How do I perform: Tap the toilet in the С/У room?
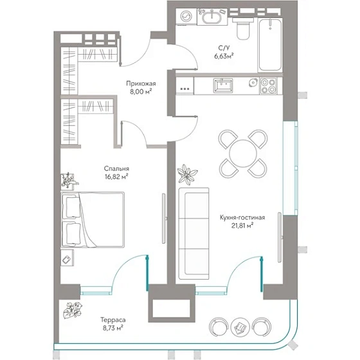click(x=243, y=29)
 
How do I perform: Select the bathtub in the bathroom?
click(x=270, y=45)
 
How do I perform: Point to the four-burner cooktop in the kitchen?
click(x=268, y=86)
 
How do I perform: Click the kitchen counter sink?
click(x=223, y=85)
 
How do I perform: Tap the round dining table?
click(x=243, y=153)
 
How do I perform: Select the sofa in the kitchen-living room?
click(x=194, y=233)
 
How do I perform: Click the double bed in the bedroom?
click(x=93, y=220)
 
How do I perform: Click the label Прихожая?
click(x=141, y=84)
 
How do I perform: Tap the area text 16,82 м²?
click(x=116, y=177)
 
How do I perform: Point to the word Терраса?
click(x=113, y=320)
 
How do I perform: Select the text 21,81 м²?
click(x=242, y=226)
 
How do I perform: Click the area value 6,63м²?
click(x=224, y=56)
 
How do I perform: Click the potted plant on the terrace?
click(x=73, y=310)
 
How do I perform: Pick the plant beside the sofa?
click(x=188, y=174)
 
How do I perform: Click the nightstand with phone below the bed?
click(x=67, y=258)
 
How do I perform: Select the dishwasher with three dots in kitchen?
click(x=185, y=85)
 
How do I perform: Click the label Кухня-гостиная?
click(x=242, y=217)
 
